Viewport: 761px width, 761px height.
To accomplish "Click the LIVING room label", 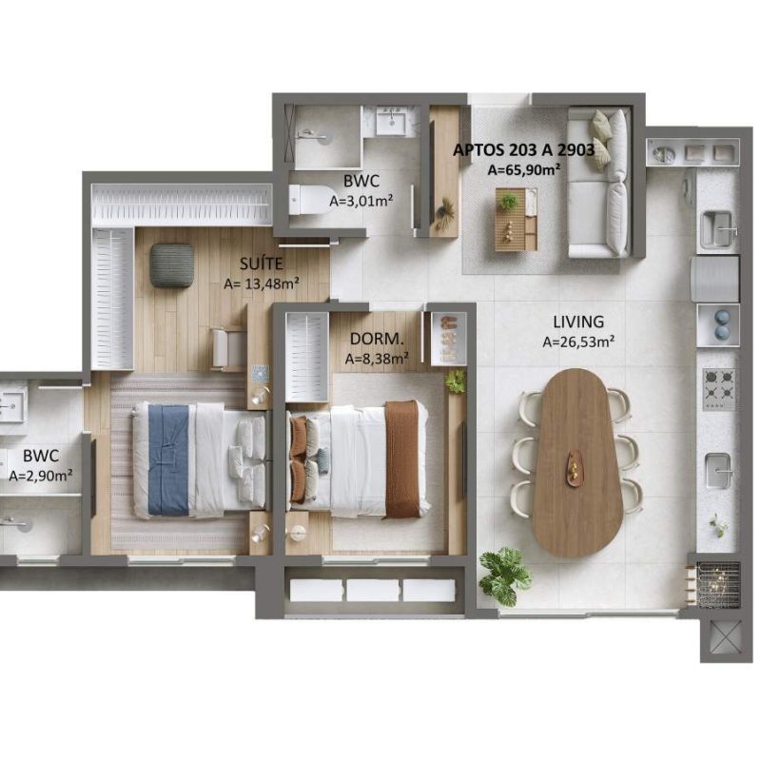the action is click(x=578, y=322).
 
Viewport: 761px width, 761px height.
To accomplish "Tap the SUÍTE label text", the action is click(x=261, y=263).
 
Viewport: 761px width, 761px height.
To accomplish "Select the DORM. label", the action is click(x=377, y=339).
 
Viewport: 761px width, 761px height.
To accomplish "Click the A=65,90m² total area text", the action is click(x=524, y=169).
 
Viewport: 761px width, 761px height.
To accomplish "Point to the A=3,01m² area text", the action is click(x=361, y=201).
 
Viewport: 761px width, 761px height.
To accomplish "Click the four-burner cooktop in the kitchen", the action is click(x=719, y=389).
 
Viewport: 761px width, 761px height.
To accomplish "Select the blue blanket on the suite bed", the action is click(x=168, y=460).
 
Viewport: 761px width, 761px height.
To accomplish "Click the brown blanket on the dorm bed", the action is click(x=401, y=459).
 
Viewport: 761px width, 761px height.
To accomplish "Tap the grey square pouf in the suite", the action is click(x=171, y=265).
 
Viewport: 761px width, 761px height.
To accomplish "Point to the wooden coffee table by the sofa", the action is click(x=516, y=220).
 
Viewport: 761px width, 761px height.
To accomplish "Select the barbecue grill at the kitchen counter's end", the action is click(x=719, y=585).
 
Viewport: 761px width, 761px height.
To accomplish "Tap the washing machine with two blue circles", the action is click(x=719, y=325).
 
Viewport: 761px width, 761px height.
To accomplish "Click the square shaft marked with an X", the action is click(x=719, y=637).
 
